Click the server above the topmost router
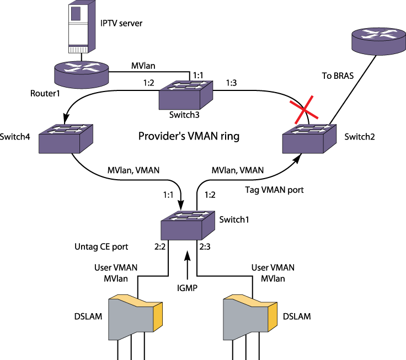[x=81, y=26]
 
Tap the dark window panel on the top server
[x=76, y=13]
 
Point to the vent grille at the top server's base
[x=78, y=50]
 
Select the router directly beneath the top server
[x=81, y=74]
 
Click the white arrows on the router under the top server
[x=81, y=67]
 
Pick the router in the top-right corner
[x=378, y=41]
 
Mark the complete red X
[x=304, y=110]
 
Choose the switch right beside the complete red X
[x=309, y=138]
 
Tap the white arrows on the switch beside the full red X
[x=312, y=130]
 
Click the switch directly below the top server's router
[x=65, y=138]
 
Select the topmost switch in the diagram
[x=185, y=95]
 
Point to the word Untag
[x=86, y=246]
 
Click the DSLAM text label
[x=88, y=316]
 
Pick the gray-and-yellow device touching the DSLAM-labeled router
[x=135, y=318]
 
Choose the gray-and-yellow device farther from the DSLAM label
[x=249, y=318]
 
